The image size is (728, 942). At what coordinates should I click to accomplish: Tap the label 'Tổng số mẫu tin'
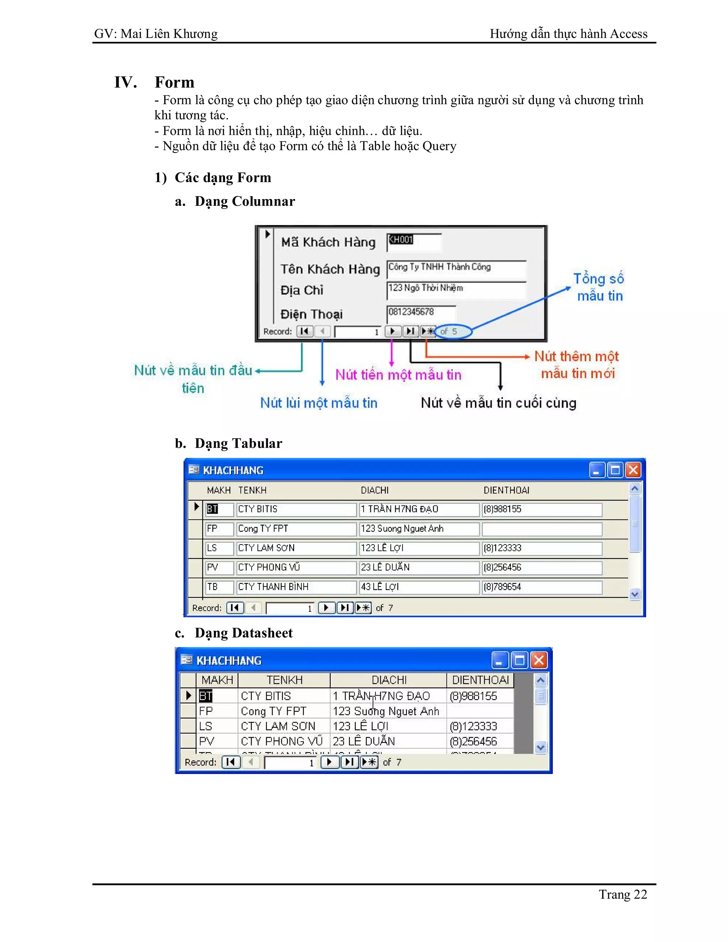[x=599, y=287]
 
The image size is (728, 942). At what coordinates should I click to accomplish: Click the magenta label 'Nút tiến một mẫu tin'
[x=398, y=374]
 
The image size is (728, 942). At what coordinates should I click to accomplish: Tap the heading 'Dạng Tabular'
[x=238, y=443]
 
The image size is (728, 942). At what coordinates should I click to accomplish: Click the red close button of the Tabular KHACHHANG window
[x=633, y=470]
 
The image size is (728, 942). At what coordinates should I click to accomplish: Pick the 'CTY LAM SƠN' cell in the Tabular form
[x=296, y=548]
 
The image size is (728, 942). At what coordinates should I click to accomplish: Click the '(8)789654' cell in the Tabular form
[x=541, y=587]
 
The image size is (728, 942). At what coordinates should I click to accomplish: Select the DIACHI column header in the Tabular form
[x=374, y=491]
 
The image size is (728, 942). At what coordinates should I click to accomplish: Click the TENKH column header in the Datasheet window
[x=284, y=680]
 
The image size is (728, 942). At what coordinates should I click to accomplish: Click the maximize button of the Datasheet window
[x=519, y=660]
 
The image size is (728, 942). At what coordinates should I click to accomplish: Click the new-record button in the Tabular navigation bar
[x=363, y=608]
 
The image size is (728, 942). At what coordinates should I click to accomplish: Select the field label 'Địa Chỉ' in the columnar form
[x=302, y=290]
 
